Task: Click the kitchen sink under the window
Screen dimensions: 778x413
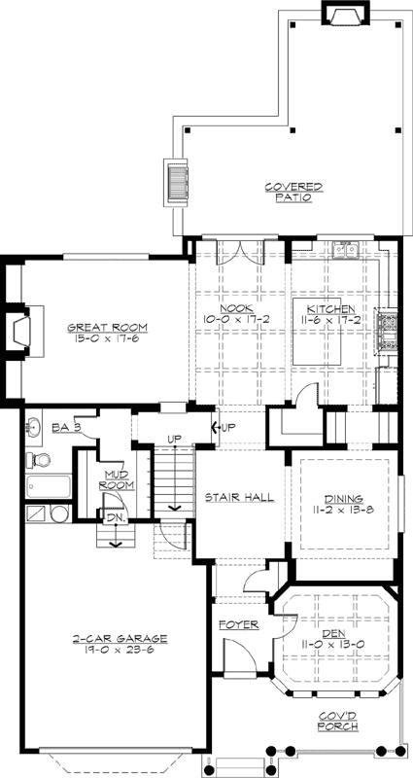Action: (x=346, y=251)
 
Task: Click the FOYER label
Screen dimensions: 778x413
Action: (x=236, y=624)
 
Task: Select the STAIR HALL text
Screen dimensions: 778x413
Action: (x=238, y=497)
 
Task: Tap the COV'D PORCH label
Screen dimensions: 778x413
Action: (x=335, y=722)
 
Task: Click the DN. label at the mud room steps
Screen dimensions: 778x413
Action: (x=114, y=517)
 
